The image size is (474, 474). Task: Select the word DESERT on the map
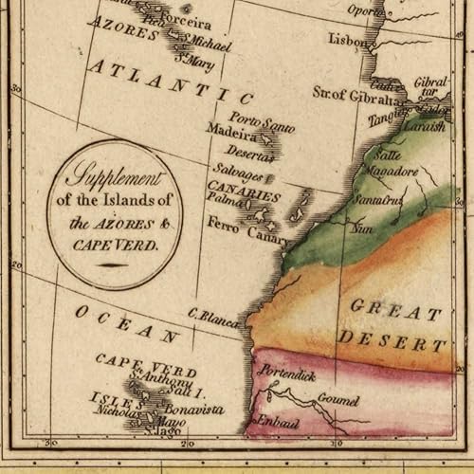393,339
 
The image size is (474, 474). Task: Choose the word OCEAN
128,322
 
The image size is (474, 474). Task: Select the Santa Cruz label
379,202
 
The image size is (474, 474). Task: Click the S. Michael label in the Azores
206,46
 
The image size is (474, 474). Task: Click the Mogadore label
392,172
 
